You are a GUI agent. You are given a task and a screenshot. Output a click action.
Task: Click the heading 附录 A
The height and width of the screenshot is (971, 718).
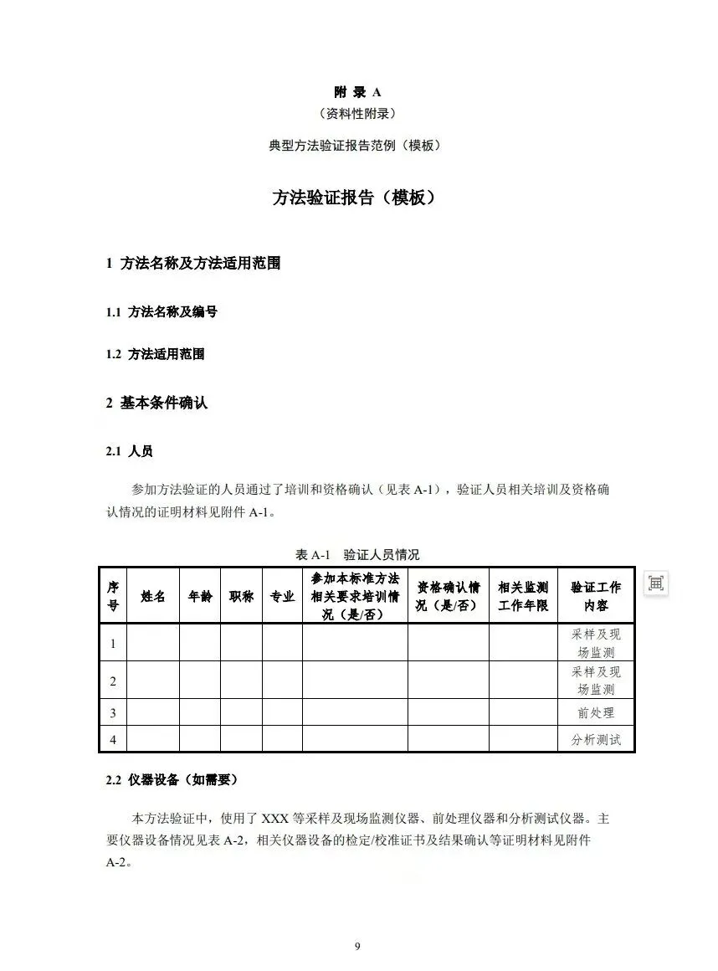coord(357,92)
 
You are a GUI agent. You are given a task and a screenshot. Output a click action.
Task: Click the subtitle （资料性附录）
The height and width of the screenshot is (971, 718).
coord(357,113)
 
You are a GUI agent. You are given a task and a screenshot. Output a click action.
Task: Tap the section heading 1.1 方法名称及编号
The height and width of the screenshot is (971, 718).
coord(162,312)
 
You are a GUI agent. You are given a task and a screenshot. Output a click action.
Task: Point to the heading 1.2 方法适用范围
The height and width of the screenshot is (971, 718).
coord(155,354)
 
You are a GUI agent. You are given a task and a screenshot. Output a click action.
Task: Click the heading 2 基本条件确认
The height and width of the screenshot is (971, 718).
coord(156,403)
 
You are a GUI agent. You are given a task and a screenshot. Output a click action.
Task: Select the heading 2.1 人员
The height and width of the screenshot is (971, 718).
coord(129,451)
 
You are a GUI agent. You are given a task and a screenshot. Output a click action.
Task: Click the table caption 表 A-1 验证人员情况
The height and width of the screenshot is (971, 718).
coord(357,554)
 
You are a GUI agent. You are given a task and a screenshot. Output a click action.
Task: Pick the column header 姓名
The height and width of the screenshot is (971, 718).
coord(153,596)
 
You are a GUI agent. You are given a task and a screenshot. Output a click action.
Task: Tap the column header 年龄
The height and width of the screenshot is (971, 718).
coord(200,596)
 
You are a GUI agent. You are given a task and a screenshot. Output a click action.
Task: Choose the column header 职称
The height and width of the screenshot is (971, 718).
coord(241,596)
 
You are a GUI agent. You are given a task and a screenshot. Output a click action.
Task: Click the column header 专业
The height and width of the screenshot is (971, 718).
coord(282,596)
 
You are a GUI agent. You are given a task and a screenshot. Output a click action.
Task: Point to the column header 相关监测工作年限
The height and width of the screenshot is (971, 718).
coord(523,596)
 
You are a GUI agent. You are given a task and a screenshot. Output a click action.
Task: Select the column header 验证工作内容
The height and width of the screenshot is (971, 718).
coord(596,596)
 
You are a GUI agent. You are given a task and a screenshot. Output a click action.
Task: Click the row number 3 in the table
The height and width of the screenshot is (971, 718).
coord(113,713)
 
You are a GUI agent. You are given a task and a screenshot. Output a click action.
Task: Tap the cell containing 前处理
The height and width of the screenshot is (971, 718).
coord(596,713)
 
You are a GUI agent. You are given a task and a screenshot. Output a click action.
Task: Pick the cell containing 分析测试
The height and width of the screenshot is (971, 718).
coord(596,740)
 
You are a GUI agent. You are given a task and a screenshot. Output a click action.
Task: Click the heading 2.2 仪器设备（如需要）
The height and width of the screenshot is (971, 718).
coord(172,779)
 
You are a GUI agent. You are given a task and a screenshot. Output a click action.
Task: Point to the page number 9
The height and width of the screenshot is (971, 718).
coord(357,947)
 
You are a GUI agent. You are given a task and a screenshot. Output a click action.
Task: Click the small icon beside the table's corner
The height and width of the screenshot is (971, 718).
coord(656,583)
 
